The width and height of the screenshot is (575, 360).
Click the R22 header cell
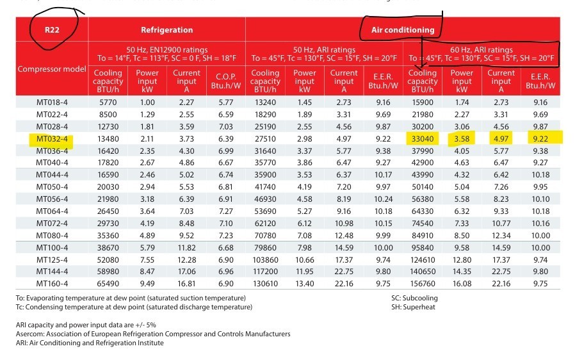[x=53, y=29]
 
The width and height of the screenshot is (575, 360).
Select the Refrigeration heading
[x=166, y=29]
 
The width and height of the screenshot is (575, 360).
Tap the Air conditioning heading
[x=403, y=29]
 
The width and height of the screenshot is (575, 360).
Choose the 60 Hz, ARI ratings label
[x=482, y=50]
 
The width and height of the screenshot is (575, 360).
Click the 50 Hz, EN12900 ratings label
[x=166, y=50]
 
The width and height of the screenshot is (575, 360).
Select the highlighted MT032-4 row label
[x=53, y=138]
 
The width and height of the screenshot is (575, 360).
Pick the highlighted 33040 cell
[x=423, y=138]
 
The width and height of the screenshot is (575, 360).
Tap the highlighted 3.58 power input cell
[x=462, y=138]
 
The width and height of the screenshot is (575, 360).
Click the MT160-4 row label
[x=53, y=282]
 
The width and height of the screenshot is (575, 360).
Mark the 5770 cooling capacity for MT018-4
[x=107, y=102]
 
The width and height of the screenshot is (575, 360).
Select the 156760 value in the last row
[x=423, y=282]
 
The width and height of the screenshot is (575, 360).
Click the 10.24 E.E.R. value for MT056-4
[x=384, y=199]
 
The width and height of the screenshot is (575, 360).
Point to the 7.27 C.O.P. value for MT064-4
[x=225, y=211]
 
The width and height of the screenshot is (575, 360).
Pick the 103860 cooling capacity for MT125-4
[x=265, y=259]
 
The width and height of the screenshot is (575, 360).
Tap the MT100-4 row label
[x=53, y=247]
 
